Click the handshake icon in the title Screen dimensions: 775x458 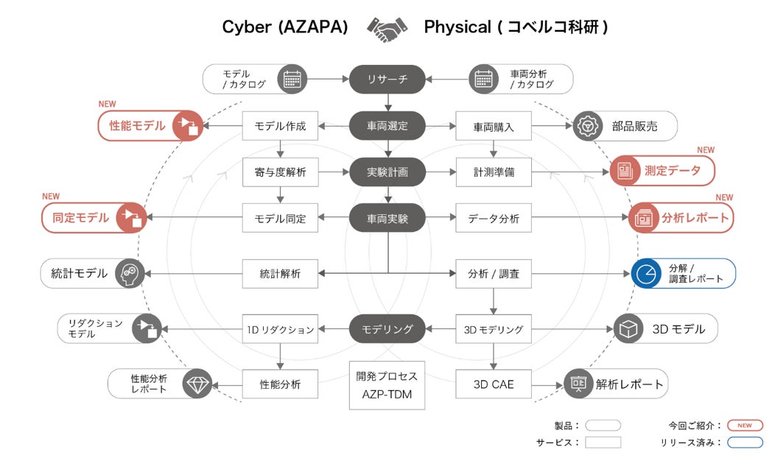387,29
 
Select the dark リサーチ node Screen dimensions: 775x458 387,79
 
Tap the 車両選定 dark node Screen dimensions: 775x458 387,126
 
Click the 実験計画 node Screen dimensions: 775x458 387,172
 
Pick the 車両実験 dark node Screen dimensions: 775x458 387,218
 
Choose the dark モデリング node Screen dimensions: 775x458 387,329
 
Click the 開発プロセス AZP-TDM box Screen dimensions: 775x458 387,385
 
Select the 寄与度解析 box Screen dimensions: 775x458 280,172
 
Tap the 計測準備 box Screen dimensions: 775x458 494,172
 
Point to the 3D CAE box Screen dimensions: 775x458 494,384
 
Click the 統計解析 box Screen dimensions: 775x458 280,274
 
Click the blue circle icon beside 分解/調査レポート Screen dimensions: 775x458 646,273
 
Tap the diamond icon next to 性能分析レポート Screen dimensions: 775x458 197,384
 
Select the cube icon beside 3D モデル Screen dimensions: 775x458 628,328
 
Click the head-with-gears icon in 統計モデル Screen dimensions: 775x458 130,273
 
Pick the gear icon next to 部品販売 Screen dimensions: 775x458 588,126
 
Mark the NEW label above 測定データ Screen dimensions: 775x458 706,149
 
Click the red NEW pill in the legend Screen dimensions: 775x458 745,426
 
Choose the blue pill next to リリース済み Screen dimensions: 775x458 745,443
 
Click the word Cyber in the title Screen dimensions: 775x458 247,27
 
